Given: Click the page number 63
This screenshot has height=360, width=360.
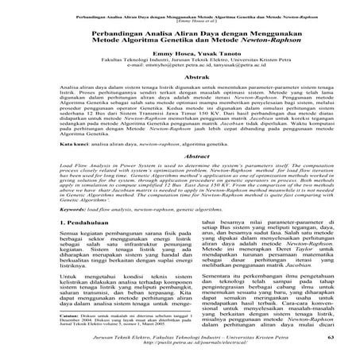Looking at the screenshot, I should click(x=298, y=339).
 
